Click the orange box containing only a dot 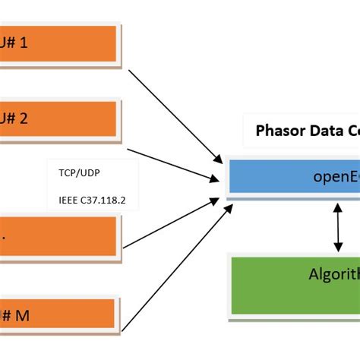[58, 235]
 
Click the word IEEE [69, 201]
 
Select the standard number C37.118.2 [106, 201]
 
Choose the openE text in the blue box [335, 176]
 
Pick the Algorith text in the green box [333, 274]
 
